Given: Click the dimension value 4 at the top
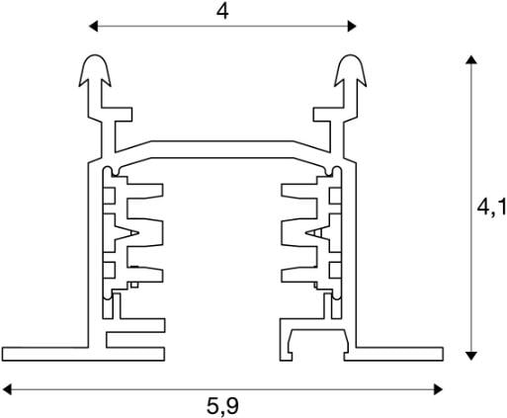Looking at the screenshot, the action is [x=222, y=12].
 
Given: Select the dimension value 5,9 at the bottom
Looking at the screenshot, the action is [x=222, y=406].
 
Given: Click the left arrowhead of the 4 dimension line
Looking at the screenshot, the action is [x=93, y=26].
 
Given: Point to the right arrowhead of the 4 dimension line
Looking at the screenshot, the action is [x=352, y=26].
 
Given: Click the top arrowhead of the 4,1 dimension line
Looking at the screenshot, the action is [x=471, y=59].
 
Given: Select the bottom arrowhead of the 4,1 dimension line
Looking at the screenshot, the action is [x=471, y=356].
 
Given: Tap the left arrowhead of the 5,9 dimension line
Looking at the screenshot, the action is [x=7, y=389].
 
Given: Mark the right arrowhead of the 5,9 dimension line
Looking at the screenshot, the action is [x=439, y=389].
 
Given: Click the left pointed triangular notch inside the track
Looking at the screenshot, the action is [x=127, y=233].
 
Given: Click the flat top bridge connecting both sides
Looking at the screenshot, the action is [x=222, y=149].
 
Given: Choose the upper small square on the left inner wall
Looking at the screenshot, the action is [x=109, y=196].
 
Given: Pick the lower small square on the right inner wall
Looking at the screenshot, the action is [x=335, y=270].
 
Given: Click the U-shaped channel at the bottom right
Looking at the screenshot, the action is [x=318, y=334].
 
